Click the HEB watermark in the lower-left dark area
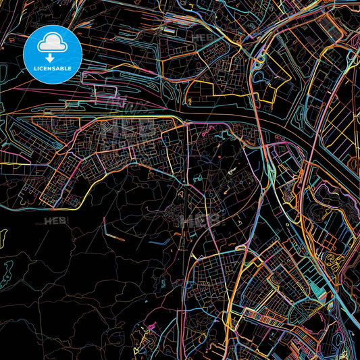[55, 221]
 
